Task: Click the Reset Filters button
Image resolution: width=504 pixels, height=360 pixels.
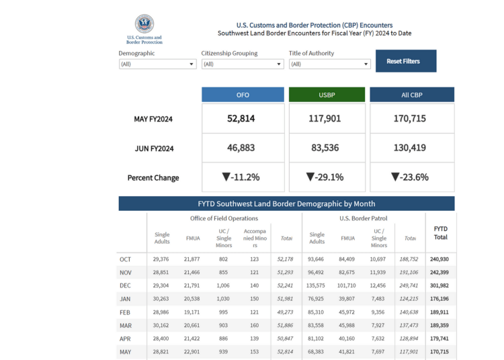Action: [406, 61]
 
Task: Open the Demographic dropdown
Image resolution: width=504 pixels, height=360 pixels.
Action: [157, 64]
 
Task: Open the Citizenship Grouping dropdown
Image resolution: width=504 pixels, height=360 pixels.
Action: [243, 64]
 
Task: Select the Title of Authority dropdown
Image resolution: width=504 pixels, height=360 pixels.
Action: [329, 64]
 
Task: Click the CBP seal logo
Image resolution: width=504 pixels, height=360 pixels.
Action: [144, 24]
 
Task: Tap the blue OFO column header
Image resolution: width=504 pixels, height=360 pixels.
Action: [243, 95]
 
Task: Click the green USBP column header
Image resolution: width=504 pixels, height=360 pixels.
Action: [327, 95]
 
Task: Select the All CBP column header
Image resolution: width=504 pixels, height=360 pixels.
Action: [412, 95]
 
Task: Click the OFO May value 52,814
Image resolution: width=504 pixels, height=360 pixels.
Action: [241, 118]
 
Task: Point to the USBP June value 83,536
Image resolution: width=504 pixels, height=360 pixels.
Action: [325, 148]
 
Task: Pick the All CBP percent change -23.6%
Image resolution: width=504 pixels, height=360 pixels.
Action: [410, 177]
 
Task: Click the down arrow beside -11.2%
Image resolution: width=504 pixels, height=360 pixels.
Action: [226, 177]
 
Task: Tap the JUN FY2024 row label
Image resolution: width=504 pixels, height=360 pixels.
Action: [155, 148]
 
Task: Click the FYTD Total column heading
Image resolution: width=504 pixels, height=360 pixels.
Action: [441, 233]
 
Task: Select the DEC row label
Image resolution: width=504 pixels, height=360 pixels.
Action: [125, 285]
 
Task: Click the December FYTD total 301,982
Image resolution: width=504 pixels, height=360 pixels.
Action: [439, 285]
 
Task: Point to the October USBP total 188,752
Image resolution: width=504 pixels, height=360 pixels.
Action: [409, 259]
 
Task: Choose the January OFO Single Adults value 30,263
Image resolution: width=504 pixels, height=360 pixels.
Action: [161, 299]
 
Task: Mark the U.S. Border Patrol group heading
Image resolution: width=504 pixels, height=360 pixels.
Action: [364, 218]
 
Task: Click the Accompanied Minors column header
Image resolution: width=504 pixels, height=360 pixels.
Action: [255, 238]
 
